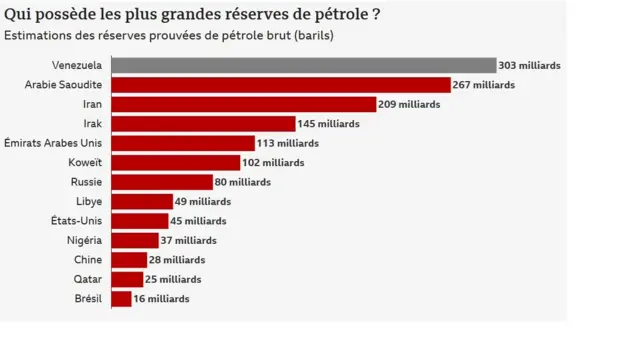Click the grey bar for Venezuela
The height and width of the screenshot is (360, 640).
(303, 66)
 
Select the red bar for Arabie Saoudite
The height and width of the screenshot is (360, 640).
(281, 85)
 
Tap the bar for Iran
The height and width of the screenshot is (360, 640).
(243, 104)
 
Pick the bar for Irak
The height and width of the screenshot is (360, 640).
(203, 124)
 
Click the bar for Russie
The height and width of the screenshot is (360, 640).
(162, 182)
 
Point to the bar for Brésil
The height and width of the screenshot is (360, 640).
(121, 298)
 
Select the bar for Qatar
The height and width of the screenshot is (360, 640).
(127, 279)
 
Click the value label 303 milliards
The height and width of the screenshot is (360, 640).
(530, 66)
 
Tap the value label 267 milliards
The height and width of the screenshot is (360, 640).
(484, 85)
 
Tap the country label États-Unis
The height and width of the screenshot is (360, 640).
(76, 220)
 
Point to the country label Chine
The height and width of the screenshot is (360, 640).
(87, 259)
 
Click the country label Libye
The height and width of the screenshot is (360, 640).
(87, 201)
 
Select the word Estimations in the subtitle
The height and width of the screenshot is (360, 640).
(37, 35)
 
